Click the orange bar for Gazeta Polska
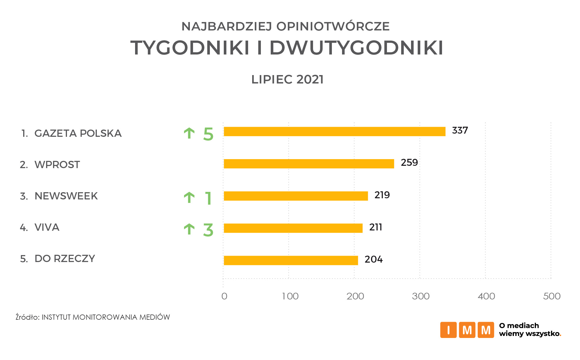click(334, 132)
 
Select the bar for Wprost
click(309, 164)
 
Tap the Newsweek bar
click(296, 196)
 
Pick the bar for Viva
click(293, 228)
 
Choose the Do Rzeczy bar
click(291, 260)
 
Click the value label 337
click(460, 130)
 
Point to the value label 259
click(409, 163)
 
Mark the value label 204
click(374, 259)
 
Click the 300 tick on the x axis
click(421, 296)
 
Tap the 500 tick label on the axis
click(552, 296)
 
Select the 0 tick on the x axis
click(224, 296)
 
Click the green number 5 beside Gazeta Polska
click(208, 134)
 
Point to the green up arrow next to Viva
click(189, 229)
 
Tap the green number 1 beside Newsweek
click(208, 199)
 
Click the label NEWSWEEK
click(66, 196)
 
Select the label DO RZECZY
click(65, 259)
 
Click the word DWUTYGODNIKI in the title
click(356, 48)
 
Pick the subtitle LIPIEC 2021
click(287, 79)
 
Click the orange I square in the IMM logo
click(448, 330)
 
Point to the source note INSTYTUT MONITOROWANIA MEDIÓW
click(106, 317)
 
